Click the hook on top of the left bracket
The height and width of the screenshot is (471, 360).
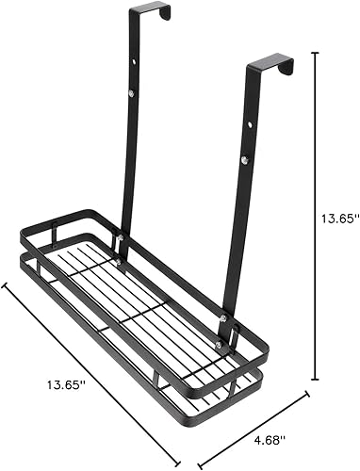click(155, 10)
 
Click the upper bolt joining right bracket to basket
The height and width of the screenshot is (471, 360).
click(224, 320)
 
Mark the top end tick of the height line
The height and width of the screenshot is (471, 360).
click(313, 54)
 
